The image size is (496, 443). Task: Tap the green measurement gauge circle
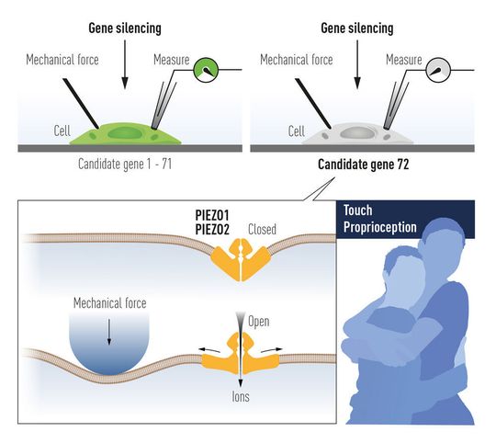208,67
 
